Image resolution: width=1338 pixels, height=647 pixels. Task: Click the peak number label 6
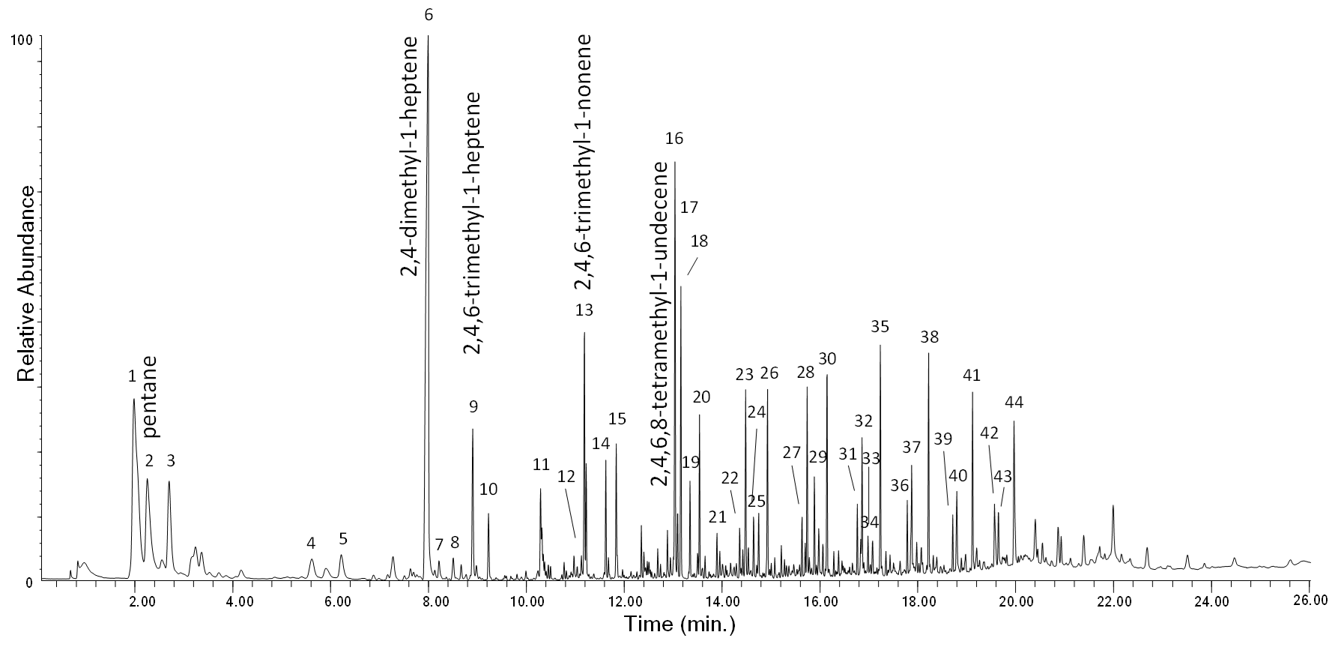[x=429, y=14]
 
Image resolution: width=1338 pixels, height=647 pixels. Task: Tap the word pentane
[x=149, y=396]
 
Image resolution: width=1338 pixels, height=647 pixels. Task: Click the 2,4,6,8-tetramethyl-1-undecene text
[x=660, y=324]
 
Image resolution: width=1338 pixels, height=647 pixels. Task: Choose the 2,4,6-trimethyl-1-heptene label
[x=473, y=223]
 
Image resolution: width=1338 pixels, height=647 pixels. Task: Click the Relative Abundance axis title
[x=26, y=284]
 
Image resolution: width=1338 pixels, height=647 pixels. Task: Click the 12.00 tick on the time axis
[x=625, y=600]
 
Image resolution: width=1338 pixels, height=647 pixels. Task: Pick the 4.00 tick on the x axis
[x=234, y=600]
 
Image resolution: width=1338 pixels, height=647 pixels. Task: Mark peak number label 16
[x=674, y=139]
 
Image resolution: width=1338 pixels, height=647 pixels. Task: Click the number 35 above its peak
[x=880, y=327]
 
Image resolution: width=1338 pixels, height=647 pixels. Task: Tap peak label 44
[x=1014, y=403]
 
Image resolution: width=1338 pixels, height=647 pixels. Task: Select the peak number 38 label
[x=929, y=337]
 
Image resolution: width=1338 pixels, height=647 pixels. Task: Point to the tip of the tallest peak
[x=428, y=36]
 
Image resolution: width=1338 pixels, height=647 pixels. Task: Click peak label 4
[x=311, y=543]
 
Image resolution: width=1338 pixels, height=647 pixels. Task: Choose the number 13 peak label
[x=584, y=310]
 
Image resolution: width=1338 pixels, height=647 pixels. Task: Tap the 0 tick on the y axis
[x=28, y=583]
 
